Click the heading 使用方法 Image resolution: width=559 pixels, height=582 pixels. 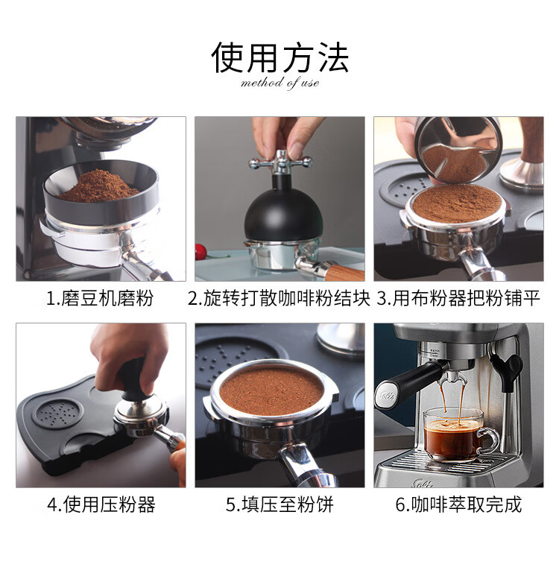click(x=279, y=57)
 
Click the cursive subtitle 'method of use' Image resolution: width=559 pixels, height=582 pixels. click(x=279, y=83)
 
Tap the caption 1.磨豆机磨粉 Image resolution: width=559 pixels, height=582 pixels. click(x=99, y=298)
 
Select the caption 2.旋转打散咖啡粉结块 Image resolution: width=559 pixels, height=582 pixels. click(x=279, y=298)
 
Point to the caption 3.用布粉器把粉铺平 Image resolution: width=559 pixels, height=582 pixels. click(x=458, y=298)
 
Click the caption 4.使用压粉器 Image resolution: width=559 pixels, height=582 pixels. click(x=101, y=504)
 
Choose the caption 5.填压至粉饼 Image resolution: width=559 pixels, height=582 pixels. click(x=279, y=504)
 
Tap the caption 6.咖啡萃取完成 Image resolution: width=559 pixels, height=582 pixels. click(x=458, y=504)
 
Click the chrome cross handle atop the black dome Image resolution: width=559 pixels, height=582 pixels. click(x=280, y=162)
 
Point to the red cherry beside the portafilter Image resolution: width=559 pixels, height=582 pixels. click(x=200, y=252)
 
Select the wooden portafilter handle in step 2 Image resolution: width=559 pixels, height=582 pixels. click(x=344, y=272)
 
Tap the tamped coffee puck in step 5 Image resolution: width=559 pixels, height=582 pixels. click(x=271, y=390)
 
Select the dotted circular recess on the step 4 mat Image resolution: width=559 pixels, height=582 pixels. click(x=57, y=413)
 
